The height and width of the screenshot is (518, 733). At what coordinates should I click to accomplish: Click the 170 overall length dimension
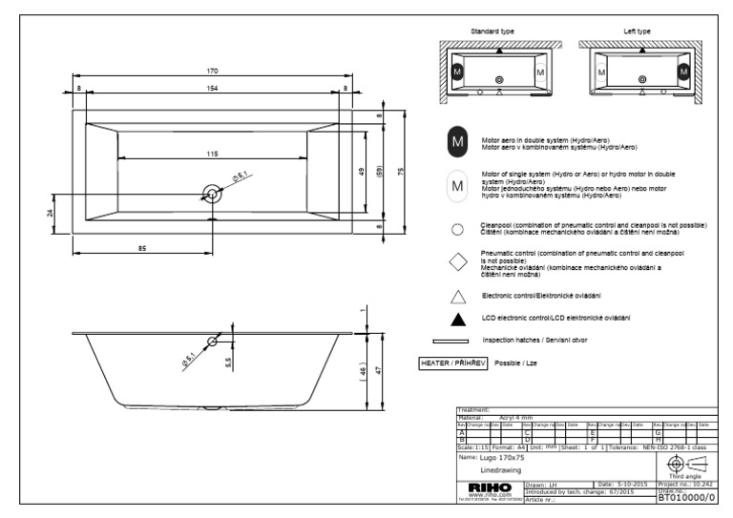213,72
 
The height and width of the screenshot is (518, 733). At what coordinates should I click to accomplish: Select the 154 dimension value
213,88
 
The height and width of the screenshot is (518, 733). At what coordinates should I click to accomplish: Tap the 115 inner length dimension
211,154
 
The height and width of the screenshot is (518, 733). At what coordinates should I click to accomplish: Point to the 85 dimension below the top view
141,248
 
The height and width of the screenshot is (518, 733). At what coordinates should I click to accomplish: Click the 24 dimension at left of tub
50,212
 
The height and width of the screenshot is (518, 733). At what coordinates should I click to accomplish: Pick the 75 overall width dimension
402,172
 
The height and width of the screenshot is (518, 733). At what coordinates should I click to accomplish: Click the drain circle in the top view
212,194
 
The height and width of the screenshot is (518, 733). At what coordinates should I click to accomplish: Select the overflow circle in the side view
213,340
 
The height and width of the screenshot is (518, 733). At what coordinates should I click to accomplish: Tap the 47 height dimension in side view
379,370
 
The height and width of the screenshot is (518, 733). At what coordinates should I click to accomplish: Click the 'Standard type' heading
492,31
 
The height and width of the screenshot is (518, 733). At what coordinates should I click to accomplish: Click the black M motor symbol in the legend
457,142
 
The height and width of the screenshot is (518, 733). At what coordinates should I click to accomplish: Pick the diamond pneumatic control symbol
457,262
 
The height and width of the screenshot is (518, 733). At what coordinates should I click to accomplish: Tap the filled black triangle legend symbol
457,317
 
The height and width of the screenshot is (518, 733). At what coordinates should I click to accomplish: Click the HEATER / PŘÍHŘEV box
454,363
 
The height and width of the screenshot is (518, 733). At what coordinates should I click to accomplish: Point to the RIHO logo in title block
492,487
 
